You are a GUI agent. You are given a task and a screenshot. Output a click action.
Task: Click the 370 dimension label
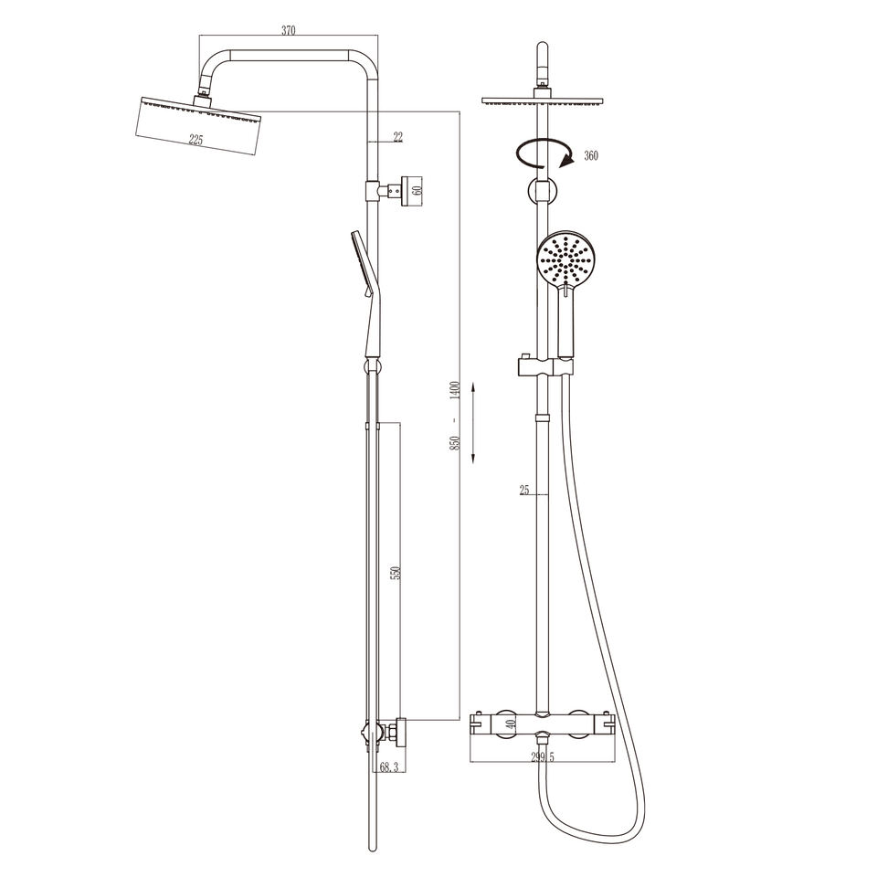288,30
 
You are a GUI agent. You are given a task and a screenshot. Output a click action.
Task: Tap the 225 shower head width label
195,140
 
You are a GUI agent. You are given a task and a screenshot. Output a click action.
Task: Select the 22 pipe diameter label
397,137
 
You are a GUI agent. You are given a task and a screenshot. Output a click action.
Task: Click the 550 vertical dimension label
396,574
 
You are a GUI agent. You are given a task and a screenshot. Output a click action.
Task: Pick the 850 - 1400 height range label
455,417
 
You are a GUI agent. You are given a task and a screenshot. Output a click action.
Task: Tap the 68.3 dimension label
389,767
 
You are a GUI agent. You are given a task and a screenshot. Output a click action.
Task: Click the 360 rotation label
591,155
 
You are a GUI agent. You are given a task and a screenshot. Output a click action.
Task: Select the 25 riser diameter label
524,491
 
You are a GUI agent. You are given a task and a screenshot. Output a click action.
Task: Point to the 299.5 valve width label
542,757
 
